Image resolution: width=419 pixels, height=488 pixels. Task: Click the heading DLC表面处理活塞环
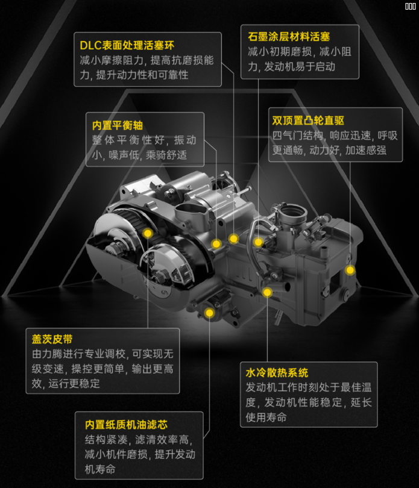click(x=127, y=45)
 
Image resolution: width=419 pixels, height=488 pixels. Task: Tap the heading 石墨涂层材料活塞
click(x=289, y=37)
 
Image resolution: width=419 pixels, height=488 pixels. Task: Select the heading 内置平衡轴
click(x=118, y=125)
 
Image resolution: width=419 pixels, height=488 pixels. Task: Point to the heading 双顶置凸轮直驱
click(x=308, y=120)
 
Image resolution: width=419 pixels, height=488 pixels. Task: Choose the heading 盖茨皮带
click(x=52, y=339)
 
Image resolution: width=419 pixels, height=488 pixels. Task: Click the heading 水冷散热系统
click(x=277, y=372)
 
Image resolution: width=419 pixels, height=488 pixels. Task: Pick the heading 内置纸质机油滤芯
click(x=126, y=425)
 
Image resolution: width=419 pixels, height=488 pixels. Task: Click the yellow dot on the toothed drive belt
click(x=148, y=233)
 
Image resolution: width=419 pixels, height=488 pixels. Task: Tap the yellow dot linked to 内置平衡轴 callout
click(x=216, y=244)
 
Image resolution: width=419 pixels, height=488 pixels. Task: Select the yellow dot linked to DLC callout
click(x=234, y=239)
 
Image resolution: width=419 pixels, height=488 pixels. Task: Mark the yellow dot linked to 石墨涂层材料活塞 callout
click(x=258, y=242)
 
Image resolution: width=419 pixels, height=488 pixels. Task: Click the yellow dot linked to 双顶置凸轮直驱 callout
click(x=350, y=270)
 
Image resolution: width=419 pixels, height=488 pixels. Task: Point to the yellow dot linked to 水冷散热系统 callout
click(x=267, y=292)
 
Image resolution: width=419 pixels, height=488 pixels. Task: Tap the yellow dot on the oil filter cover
click(x=209, y=313)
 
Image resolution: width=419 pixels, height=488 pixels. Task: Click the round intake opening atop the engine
click(x=293, y=211)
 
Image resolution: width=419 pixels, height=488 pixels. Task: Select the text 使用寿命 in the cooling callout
click(x=266, y=417)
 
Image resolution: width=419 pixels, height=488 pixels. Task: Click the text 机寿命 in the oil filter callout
click(x=100, y=469)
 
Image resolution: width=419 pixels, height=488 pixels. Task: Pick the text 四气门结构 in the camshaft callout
click(x=298, y=136)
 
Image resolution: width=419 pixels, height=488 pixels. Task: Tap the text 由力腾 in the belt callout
click(x=47, y=354)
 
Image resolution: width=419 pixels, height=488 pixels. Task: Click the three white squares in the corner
click(x=411, y=6)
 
